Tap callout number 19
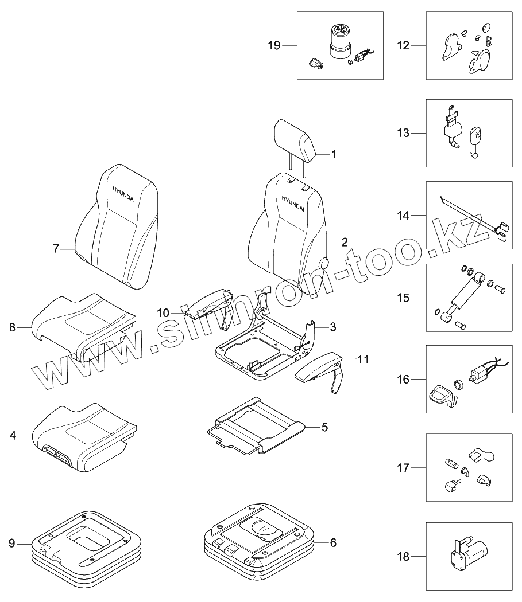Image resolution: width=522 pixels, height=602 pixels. click(x=274, y=45)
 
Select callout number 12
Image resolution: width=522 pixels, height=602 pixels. click(x=404, y=45)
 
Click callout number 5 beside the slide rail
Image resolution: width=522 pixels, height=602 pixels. click(x=324, y=427)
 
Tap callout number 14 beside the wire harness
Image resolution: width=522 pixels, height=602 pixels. click(x=404, y=216)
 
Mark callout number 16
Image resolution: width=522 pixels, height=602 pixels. click(x=404, y=379)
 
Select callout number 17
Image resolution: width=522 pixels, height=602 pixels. click(x=404, y=468)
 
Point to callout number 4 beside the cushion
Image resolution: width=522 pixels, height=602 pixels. click(x=13, y=436)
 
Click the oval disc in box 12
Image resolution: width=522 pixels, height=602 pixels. click(x=487, y=26)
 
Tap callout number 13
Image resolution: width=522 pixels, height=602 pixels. click(x=404, y=133)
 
